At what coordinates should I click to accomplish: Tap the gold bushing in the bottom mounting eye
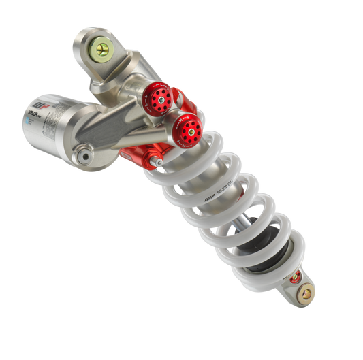tap(306, 293)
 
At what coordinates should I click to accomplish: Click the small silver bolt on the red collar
tap(156, 161)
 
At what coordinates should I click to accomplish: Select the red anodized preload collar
tap(136, 154)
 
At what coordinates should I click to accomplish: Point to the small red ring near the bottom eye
tap(294, 278)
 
